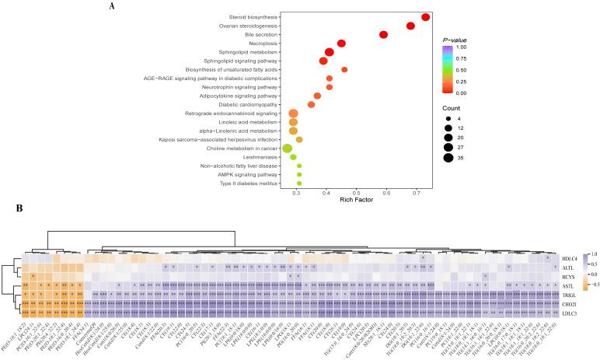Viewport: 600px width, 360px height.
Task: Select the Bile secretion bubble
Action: [383, 35]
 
